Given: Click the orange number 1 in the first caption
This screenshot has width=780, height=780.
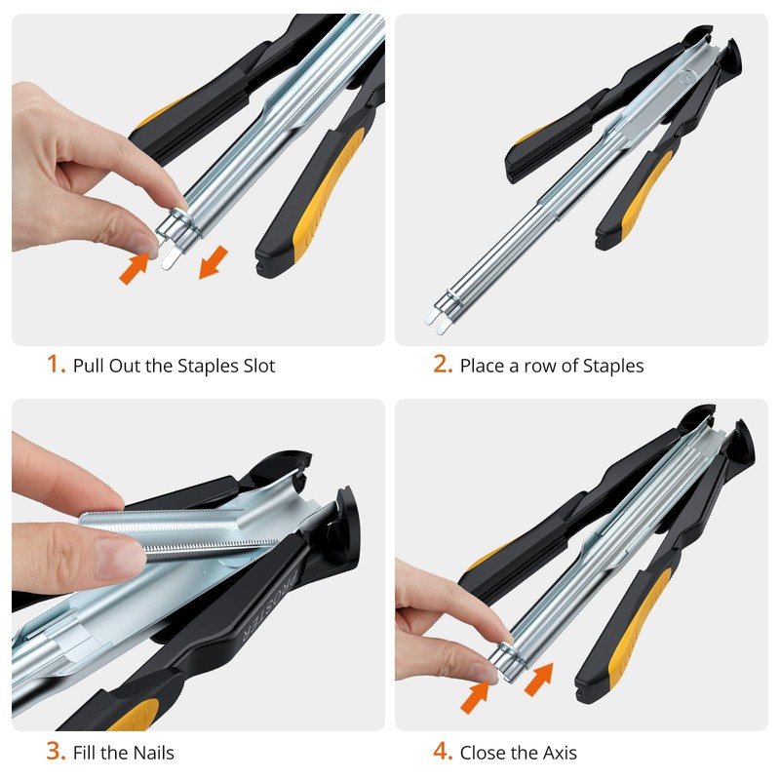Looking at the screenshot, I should tap(56, 366).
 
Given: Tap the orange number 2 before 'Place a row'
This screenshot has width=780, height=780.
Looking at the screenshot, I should tap(443, 366).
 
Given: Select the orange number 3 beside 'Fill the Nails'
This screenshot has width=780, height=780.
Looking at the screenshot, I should tap(56, 752).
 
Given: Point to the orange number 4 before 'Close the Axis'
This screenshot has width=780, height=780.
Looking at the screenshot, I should tap(443, 752).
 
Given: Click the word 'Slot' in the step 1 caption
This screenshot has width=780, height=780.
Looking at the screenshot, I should tap(255, 367).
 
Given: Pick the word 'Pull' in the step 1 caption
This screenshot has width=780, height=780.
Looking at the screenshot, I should tap(89, 367).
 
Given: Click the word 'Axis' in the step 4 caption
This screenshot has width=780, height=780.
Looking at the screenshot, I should tap(557, 753).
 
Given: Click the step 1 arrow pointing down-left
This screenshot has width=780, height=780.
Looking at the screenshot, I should tap(214, 262).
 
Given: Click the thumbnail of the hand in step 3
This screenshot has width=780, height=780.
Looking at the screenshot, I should tap(121, 560).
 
